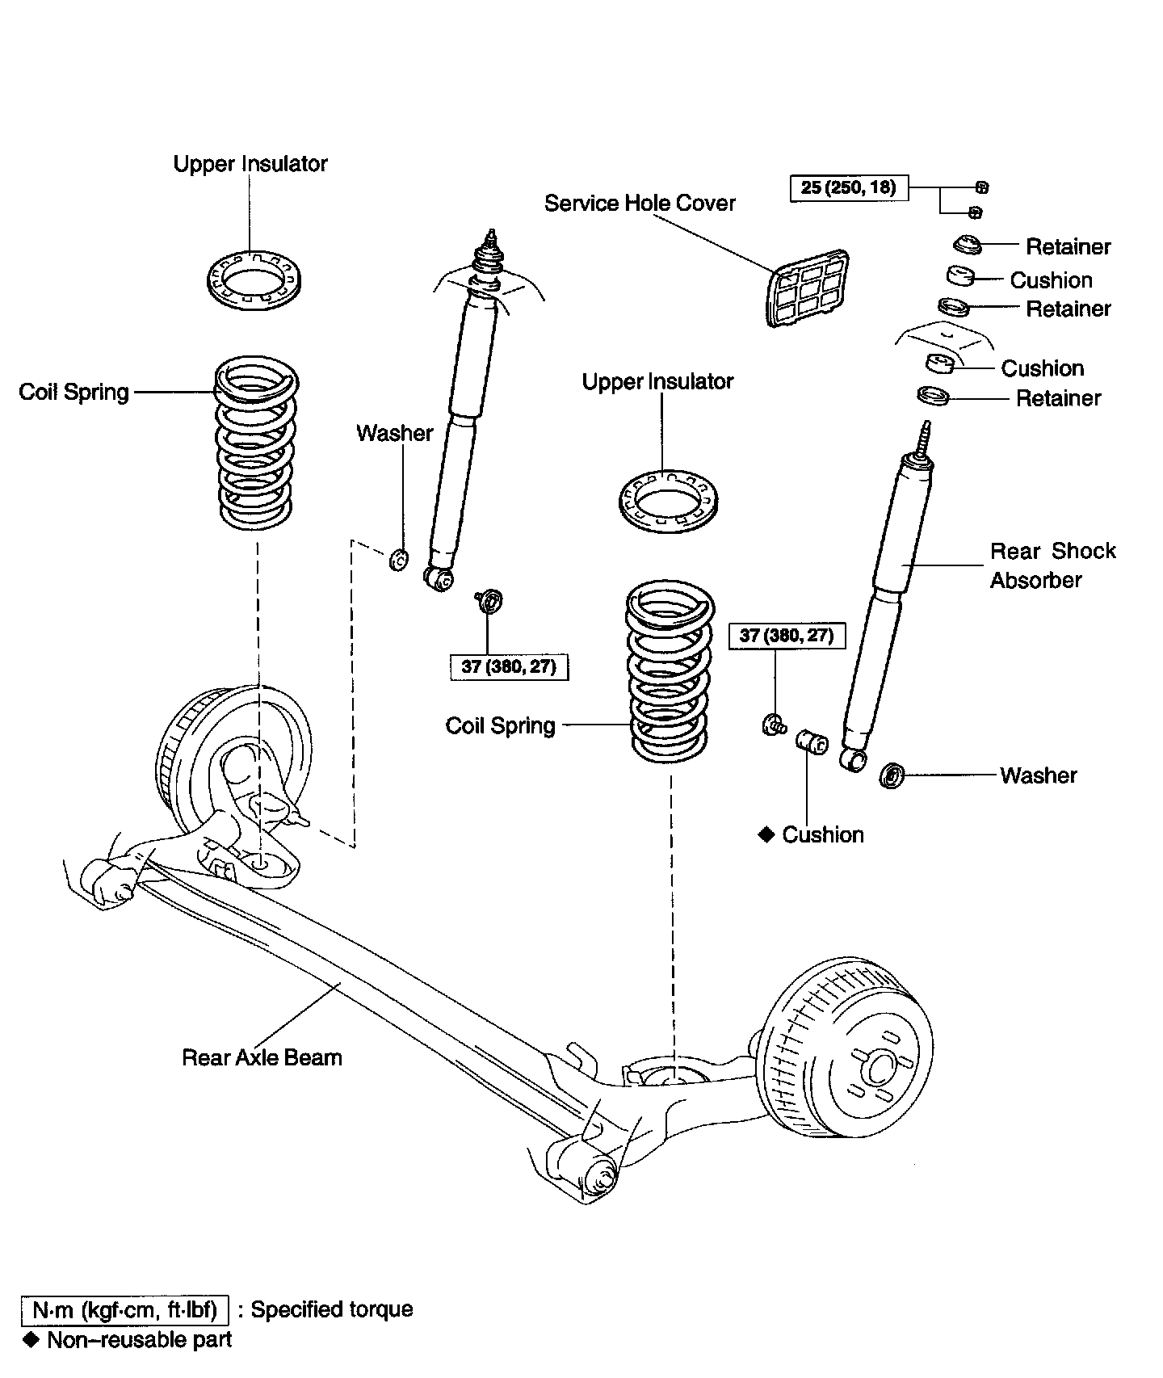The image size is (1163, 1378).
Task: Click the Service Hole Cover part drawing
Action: point(807,287)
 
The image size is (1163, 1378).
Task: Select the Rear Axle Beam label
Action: point(262,1057)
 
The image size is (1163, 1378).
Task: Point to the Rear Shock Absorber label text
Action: point(1052,565)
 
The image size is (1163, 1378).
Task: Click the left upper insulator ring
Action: point(254,279)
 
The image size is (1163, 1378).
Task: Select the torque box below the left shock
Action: point(509,667)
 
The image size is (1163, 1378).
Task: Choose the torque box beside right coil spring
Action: point(787,636)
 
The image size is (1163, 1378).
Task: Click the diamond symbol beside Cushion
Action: point(766,834)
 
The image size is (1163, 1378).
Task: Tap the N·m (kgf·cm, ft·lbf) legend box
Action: point(124,1309)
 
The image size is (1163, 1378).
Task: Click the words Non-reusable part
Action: point(140,1340)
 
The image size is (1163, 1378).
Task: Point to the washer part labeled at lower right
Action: point(892,775)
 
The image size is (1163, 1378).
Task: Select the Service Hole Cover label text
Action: point(640,203)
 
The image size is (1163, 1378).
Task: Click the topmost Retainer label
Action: point(1068,246)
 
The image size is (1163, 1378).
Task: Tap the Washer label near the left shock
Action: point(394,433)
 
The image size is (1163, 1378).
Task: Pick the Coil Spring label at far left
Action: point(73,393)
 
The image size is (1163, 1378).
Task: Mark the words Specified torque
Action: point(332,1309)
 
